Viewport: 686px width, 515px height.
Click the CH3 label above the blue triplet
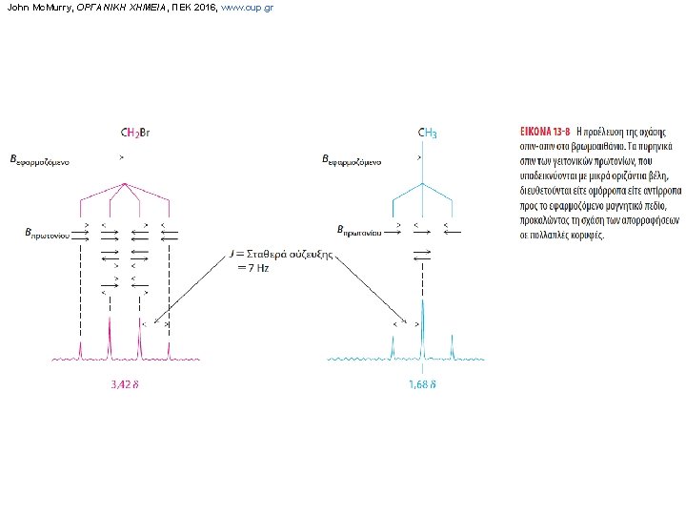click(x=428, y=134)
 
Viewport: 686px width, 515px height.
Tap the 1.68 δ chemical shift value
click(x=422, y=385)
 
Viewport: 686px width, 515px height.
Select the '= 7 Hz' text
click(x=252, y=268)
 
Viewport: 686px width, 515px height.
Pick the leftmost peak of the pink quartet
click(x=80, y=348)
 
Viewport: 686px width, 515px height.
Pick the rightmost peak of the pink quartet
click(x=170, y=348)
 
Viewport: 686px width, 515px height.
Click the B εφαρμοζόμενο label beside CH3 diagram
click(x=353, y=161)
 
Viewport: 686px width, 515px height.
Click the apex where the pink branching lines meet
click(x=125, y=184)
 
